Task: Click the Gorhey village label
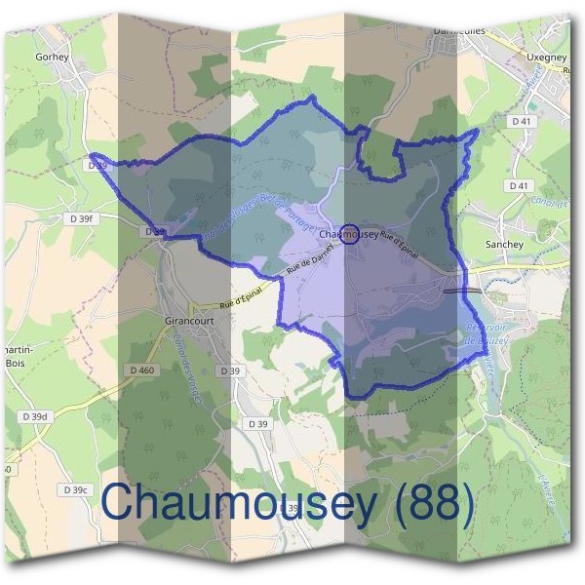pos(52,57)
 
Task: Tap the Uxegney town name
pos(547,58)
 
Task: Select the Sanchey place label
pos(505,245)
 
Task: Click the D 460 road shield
pos(142,370)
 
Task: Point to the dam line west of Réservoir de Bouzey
pos(461,290)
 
